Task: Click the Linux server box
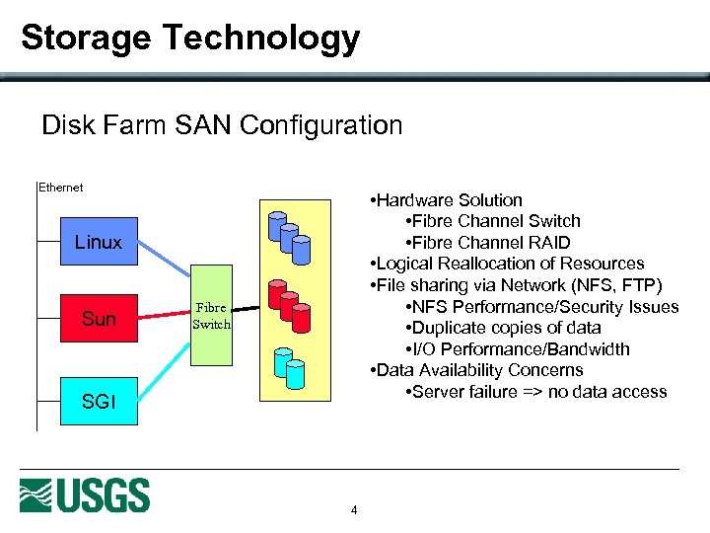(x=99, y=242)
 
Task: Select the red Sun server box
(x=99, y=319)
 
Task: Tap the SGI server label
(x=99, y=401)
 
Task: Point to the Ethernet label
(x=60, y=188)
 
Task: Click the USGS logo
(x=85, y=495)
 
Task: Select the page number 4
(x=354, y=510)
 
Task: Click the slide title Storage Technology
(x=190, y=38)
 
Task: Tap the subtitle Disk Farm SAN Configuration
(x=222, y=125)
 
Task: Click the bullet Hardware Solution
(x=448, y=200)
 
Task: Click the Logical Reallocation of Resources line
(x=507, y=264)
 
